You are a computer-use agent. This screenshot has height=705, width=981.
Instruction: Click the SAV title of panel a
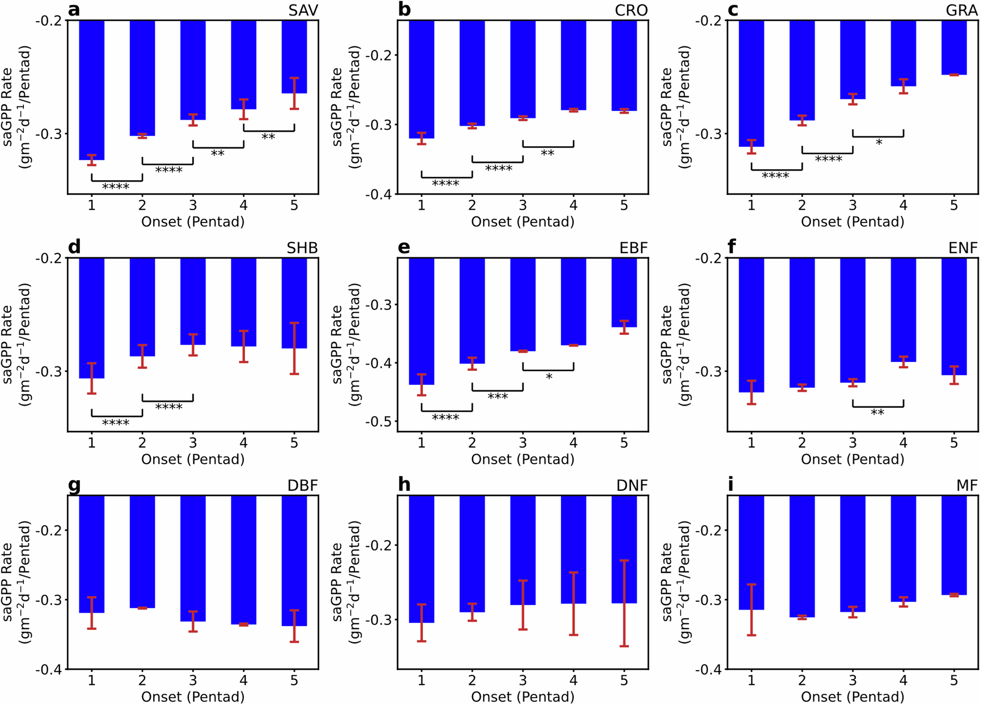click(303, 10)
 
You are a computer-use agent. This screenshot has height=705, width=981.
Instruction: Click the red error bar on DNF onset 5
click(624, 603)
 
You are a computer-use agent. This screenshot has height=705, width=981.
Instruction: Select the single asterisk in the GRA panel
click(879, 143)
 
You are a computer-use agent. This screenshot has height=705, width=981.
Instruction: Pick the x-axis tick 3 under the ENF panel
click(852, 443)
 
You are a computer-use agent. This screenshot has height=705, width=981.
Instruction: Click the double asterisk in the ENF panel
click(877, 413)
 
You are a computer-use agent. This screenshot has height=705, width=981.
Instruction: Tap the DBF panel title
click(302, 486)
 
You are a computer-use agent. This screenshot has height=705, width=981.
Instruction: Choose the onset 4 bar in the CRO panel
click(573, 65)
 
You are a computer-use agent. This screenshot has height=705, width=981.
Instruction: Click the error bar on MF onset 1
click(751, 609)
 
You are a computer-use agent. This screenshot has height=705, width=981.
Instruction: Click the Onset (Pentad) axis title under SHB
click(192, 459)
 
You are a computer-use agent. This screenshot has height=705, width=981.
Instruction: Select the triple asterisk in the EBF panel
click(497, 397)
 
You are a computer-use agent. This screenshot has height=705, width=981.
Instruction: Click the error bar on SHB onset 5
click(294, 348)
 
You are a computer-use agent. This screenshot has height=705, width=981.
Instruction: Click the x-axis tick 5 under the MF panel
click(954, 680)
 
